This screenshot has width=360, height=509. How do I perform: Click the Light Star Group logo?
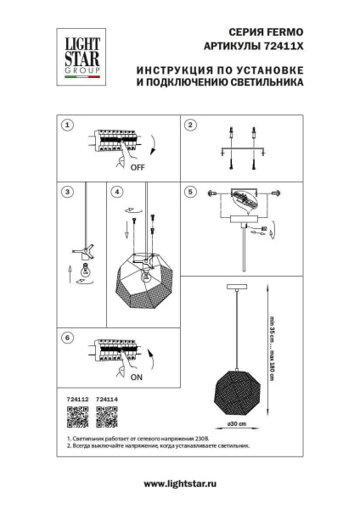click(x=77, y=55)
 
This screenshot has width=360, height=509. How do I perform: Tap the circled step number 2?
click(x=190, y=125)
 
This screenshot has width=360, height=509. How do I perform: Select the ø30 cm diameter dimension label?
click(x=236, y=423)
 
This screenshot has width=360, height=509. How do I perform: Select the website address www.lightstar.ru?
click(x=179, y=483)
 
